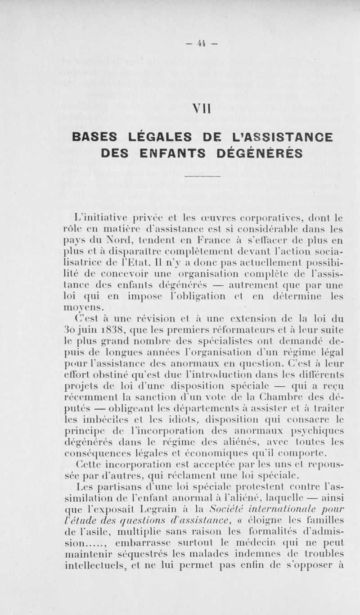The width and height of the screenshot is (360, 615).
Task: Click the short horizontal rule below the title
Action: (x=202, y=176)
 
